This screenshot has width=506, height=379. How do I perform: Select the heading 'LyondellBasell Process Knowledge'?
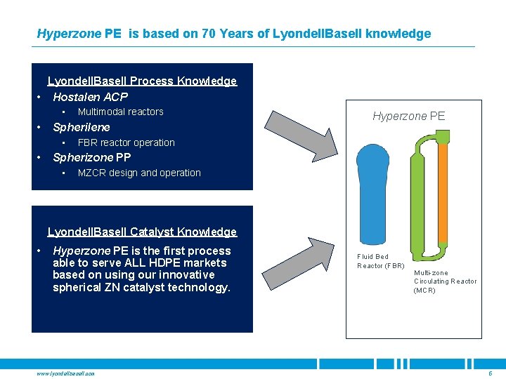click(x=142, y=81)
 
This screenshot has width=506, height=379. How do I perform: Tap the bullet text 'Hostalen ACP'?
click(x=91, y=97)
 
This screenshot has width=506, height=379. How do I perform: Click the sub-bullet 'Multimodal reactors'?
click(x=120, y=112)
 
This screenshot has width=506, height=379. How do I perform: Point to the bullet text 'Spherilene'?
click(x=82, y=128)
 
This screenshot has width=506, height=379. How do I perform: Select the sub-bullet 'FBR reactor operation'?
click(x=126, y=142)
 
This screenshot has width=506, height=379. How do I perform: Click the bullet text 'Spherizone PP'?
click(x=92, y=157)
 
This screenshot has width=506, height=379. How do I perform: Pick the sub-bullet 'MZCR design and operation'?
click(x=139, y=173)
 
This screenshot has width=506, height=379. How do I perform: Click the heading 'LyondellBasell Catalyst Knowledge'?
click(x=142, y=232)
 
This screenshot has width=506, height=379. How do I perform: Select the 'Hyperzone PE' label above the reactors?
click(x=408, y=116)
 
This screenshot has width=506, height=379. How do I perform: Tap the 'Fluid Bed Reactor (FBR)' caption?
click(x=380, y=261)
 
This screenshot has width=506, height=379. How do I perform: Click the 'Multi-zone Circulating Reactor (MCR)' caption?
click(x=445, y=281)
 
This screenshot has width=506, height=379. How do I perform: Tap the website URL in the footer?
click(x=65, y=373)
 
